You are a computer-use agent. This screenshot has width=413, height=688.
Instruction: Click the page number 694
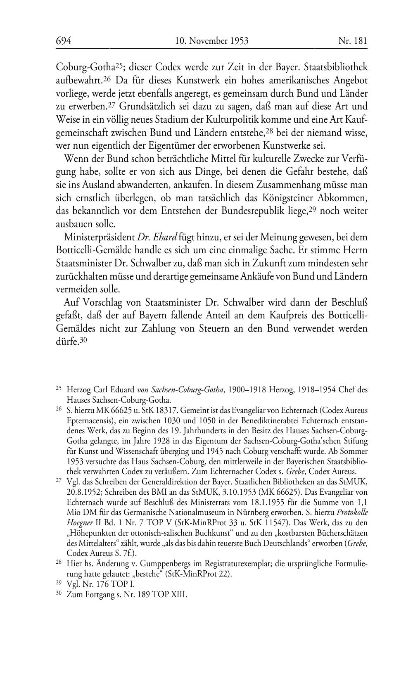[x=64, y=41]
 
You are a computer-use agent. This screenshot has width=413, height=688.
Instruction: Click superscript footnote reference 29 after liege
[x=313, y=209]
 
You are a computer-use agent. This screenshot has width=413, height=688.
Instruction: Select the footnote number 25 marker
[x=59, y=388]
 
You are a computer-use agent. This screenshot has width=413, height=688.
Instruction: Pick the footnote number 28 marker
[x=59, y=562]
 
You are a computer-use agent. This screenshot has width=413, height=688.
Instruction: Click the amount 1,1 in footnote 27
[x=361, y=502]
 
